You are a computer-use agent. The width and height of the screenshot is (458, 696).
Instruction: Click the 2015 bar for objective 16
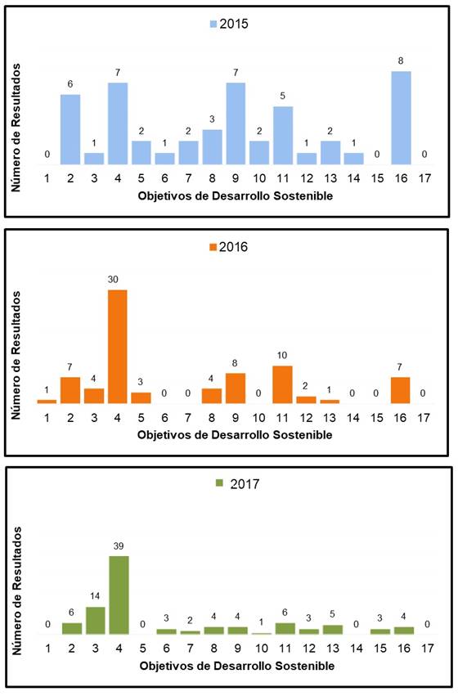(401, 118)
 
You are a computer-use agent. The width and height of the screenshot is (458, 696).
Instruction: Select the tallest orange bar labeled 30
(118, 347)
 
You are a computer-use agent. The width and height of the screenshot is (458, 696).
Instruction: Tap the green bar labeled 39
(119, 595)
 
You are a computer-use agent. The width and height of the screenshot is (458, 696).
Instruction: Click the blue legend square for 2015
(213, 24)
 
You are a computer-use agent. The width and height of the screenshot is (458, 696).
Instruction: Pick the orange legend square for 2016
(213, 247)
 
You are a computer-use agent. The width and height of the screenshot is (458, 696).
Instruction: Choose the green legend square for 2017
(219, 483)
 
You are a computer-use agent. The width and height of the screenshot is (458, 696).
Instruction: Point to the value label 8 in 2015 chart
(401, 61)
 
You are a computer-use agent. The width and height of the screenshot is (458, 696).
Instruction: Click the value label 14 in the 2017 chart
(95, 595)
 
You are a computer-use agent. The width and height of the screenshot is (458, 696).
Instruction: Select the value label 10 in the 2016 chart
(282, 355)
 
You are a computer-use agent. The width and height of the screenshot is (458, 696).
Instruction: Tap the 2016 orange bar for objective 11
(282, 384)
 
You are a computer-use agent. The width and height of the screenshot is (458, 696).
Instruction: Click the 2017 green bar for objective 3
(96, 621)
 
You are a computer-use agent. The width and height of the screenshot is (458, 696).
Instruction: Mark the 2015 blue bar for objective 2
(70, 129)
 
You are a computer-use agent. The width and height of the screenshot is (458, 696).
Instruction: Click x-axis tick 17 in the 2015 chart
(424, 178)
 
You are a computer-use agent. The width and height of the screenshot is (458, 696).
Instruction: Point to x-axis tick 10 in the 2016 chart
(258, 418)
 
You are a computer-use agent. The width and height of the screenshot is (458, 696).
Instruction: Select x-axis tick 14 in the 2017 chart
(357, 649)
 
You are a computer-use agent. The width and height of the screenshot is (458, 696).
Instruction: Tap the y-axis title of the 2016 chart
(16, 355)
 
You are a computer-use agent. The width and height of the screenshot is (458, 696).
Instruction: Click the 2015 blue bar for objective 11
(283, 136)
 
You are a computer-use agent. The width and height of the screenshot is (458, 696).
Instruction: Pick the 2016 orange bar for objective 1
(47, 402)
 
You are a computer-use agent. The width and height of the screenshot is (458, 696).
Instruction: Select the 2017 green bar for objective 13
(332, 630)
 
